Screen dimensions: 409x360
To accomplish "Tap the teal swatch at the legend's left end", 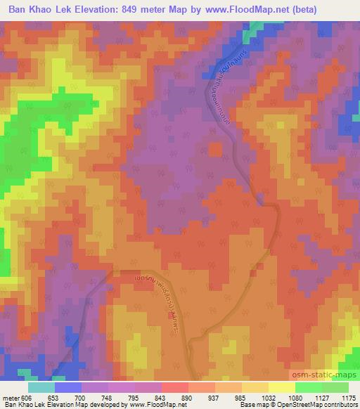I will pyautogui.click(x=41, y=387).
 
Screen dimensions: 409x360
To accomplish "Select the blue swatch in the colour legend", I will pyautogui.click(x=68, y=387).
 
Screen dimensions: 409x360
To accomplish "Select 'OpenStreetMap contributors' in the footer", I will pyautogui.click(x=319, y=405).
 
